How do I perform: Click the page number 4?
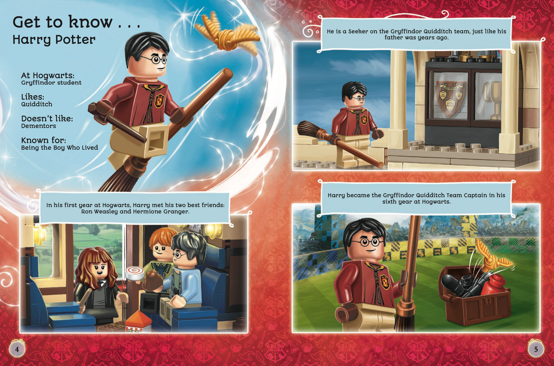(x=17, y=349)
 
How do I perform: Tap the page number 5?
(x=536, y=349)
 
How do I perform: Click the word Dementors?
(x=39, y=126)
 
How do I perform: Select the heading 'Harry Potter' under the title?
(x=54, y=40)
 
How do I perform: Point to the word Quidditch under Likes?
(x=36, y=104)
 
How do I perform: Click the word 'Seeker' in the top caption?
(x=360, y=31)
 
